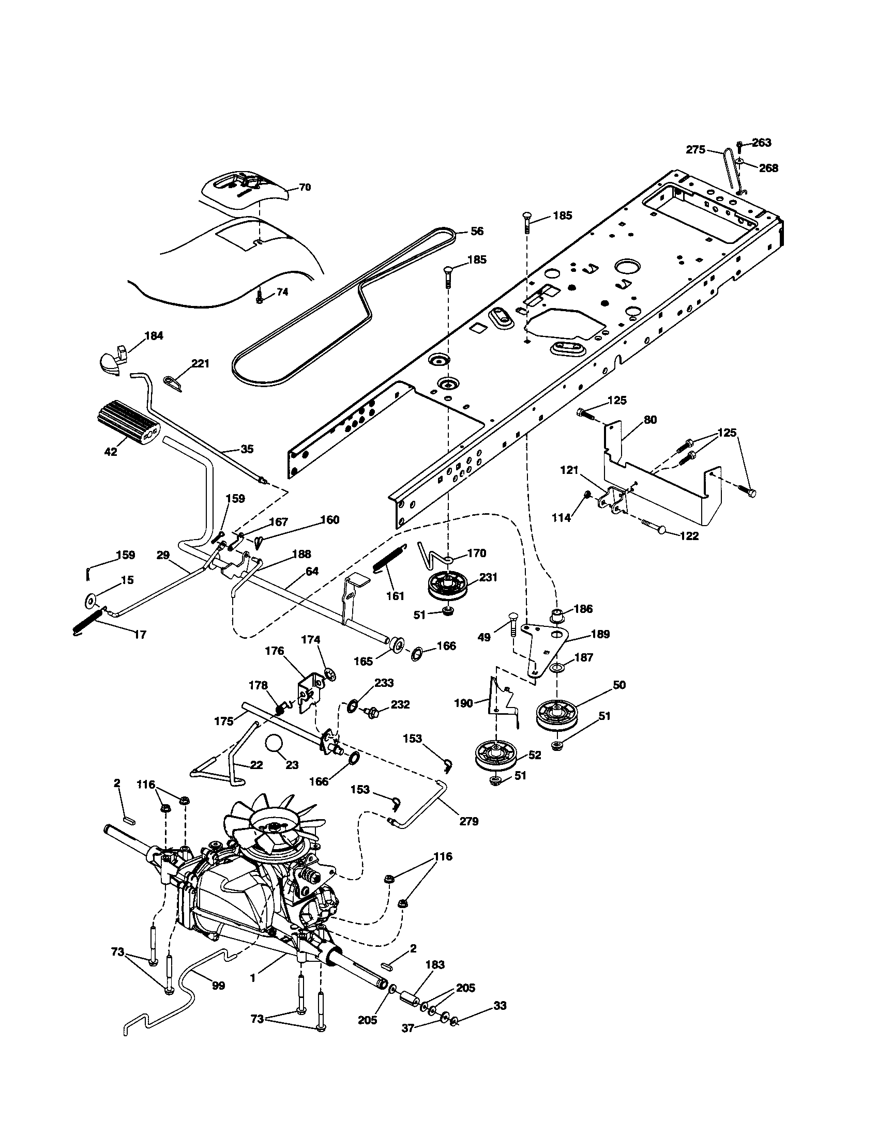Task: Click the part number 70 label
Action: (x=305, y=187)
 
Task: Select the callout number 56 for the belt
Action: (x=477, y=231)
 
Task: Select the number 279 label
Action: (x=468, y=822)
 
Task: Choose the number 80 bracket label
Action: (x=651, y=420)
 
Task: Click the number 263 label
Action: (x=761, y=143)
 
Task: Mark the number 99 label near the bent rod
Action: (x=219, y=986)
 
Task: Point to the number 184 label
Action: (x=153, y=336)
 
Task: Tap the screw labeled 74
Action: (x=260, y=299)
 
